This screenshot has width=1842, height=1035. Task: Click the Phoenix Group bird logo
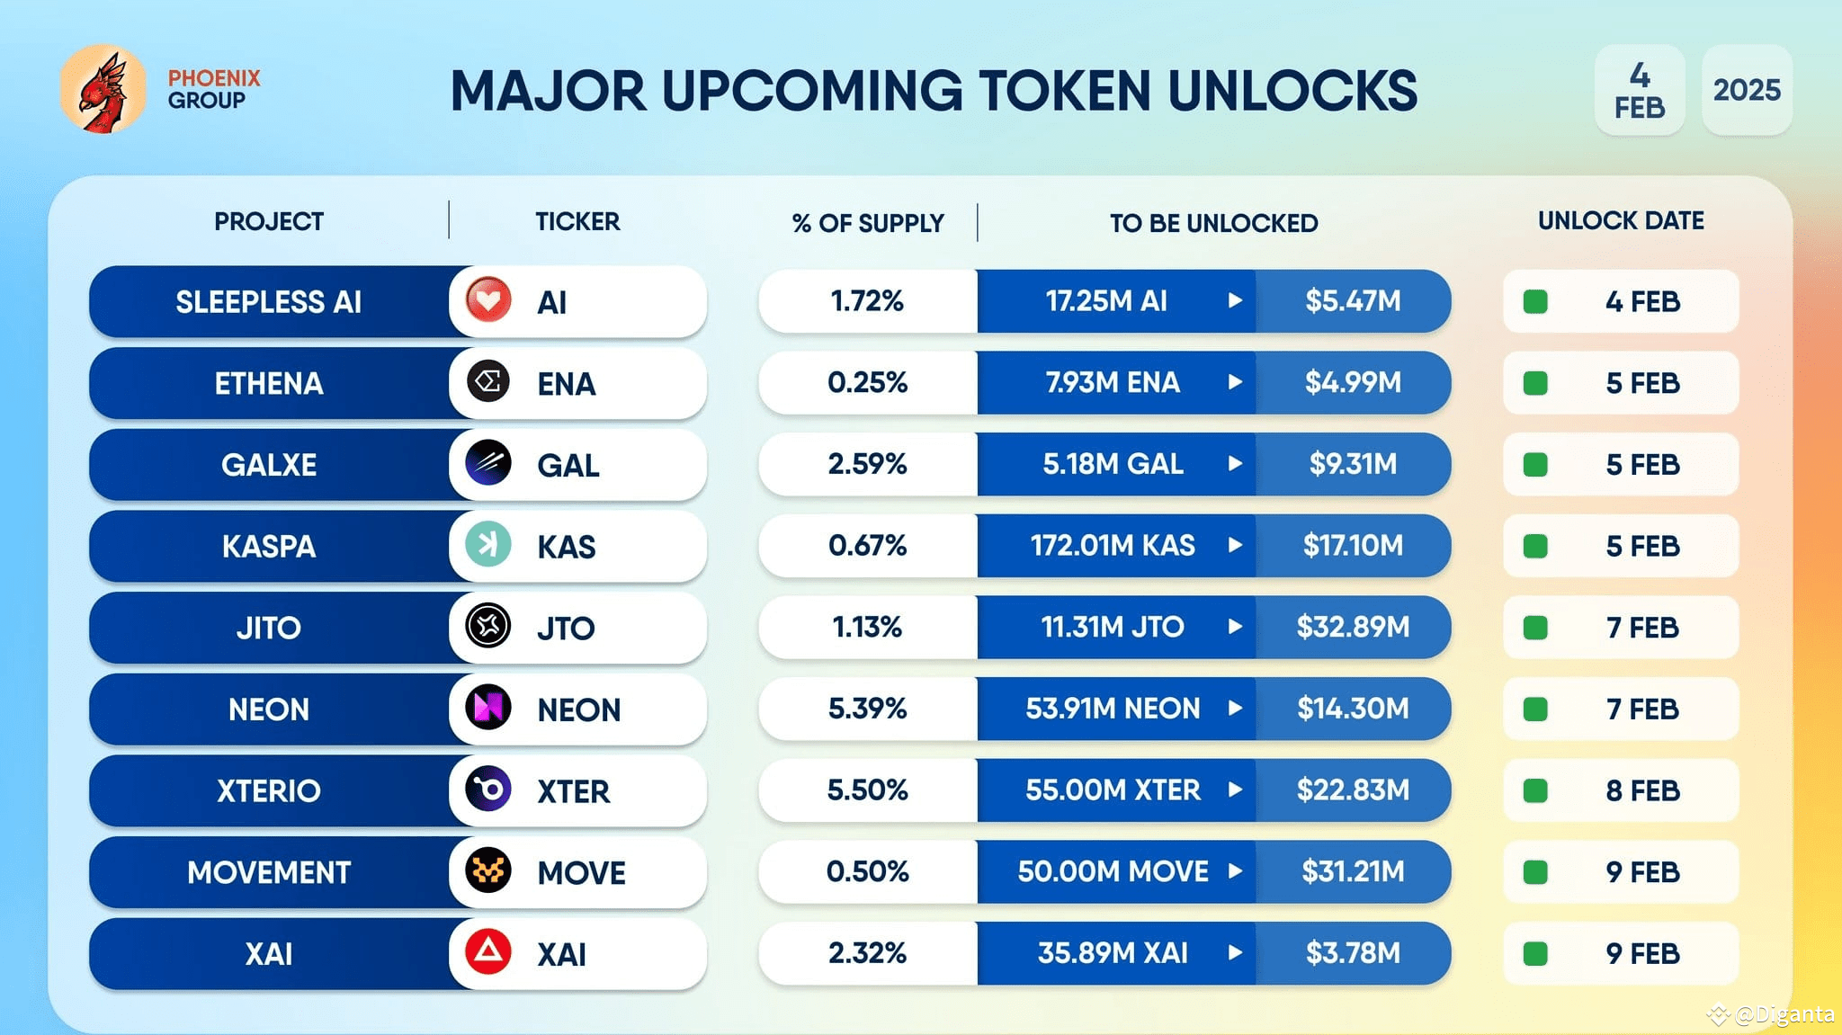[103, 90]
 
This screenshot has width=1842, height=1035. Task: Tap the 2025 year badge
[1746, 90]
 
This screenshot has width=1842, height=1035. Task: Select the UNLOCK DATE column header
[1620, 221]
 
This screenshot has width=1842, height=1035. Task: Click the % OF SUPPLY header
[868, 223]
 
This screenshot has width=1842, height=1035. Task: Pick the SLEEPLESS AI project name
[268, 302]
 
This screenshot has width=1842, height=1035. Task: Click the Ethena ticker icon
[488, 382]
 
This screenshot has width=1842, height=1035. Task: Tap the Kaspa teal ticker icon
[488, 545]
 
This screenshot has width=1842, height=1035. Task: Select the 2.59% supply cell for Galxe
[867, 464]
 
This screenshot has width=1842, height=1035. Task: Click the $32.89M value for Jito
[1352, 627]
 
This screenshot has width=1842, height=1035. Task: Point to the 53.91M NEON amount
[1113, 709]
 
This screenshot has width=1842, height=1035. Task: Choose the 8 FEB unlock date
[1641, 790]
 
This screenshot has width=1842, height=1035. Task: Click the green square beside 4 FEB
[1535, 302]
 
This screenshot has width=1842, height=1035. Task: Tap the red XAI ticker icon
[488, 952]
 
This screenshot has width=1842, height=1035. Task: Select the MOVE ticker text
[581, 873]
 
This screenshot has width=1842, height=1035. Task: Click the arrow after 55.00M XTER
[1235, 790]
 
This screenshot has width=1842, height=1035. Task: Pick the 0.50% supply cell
[867, 871]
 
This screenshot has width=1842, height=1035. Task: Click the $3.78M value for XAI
[1352, 953]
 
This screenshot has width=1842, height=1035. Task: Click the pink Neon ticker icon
[488, 708]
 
